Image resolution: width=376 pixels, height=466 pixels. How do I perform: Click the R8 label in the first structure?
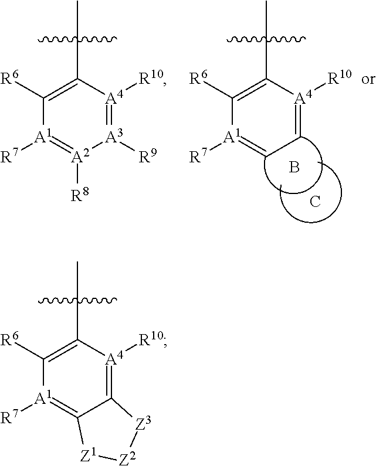78,196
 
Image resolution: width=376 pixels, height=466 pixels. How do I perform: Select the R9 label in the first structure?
147,157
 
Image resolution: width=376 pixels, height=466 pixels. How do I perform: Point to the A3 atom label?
113,137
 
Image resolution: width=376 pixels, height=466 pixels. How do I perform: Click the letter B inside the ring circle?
294,169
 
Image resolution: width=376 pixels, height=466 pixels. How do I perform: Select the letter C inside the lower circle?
315,202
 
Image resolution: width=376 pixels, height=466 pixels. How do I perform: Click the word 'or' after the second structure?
367,79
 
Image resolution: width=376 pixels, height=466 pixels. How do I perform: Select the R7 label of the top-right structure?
198,157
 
